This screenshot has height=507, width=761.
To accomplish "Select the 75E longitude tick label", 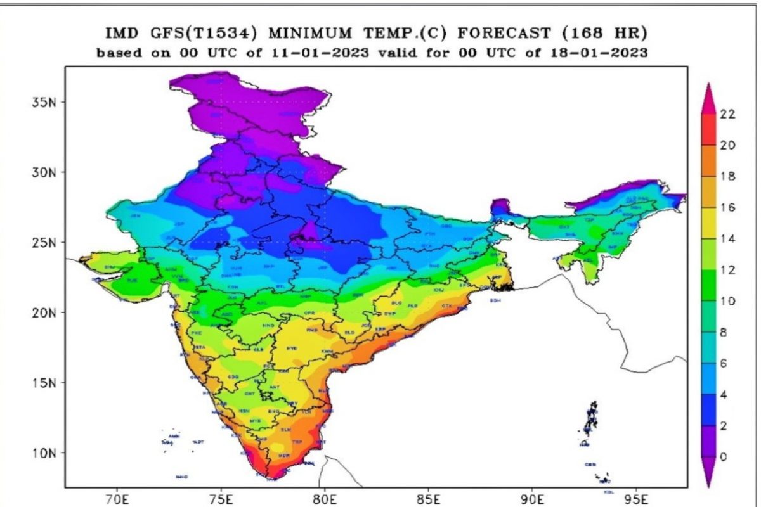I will pos(221,496).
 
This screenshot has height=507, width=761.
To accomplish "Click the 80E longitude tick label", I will pos(325,496).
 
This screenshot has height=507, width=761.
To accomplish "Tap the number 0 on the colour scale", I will pos(724,457).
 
